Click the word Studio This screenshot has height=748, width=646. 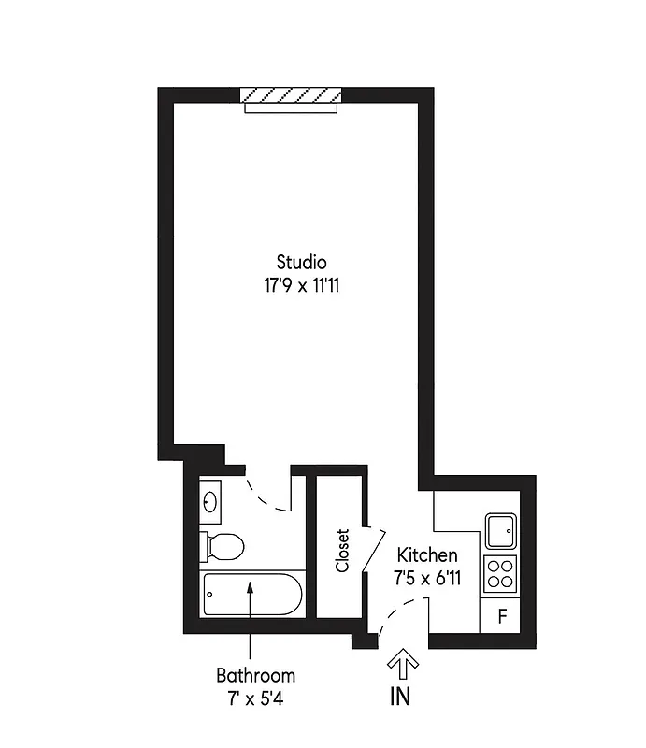301,263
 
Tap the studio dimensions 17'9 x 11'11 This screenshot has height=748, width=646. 301,284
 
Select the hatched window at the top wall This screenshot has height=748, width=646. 291,95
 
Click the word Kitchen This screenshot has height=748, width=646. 427,555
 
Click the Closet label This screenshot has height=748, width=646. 342,551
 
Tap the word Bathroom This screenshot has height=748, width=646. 255,675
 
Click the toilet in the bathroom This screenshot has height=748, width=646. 222,544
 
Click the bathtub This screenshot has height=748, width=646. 251,593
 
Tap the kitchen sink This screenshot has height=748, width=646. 501,531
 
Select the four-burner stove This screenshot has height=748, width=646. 501,572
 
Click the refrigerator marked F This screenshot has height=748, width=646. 502,616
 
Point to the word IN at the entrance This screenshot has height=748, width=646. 400,697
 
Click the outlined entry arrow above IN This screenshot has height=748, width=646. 402,666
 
